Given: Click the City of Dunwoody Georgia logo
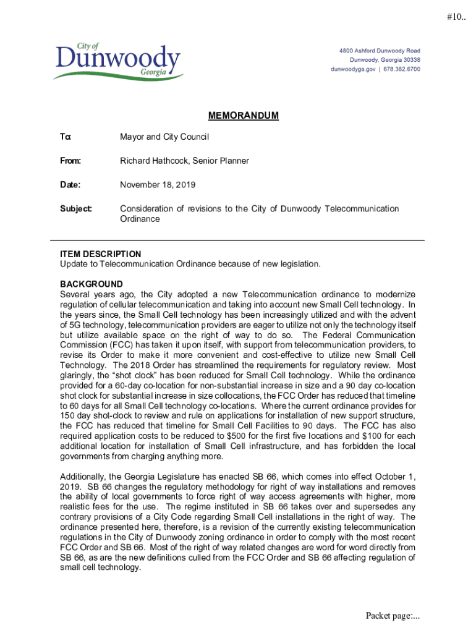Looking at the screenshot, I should (117, 61).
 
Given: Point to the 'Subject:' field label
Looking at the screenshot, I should (75, 208).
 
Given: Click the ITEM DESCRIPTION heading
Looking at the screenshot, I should (100, 254).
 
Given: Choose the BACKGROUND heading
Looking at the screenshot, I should (91, 284).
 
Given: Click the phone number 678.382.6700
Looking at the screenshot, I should (401, 69).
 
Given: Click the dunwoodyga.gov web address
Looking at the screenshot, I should (353, 69).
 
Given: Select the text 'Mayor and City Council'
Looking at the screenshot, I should (164, 137).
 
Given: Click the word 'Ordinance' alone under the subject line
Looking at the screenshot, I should (140, 219).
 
